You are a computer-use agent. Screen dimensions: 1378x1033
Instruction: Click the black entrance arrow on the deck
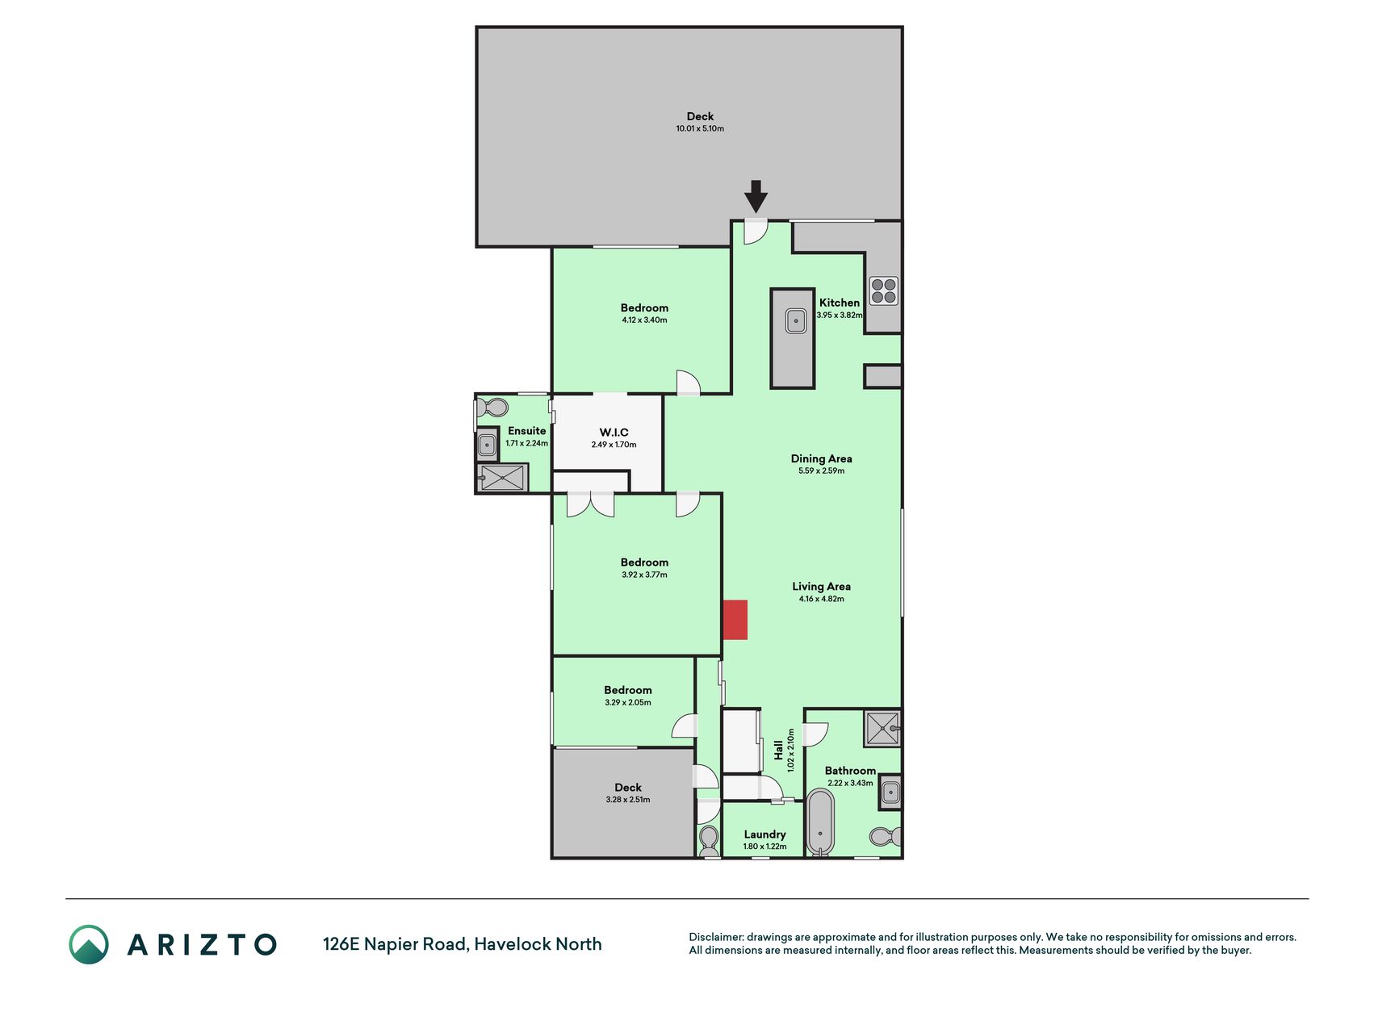(x=755, y=196)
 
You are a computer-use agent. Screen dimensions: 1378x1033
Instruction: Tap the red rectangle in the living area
(x=735, y=620)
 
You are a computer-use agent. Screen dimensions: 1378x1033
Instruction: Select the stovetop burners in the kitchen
(x=884, y=291)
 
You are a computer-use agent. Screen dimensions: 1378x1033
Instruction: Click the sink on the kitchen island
(x=796, y=320)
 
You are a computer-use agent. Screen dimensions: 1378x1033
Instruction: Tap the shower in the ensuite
(x=502, y=477)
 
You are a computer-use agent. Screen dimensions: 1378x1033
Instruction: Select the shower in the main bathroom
(x=882, y=729)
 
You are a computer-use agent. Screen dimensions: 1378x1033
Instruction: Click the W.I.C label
(x=614, y=433)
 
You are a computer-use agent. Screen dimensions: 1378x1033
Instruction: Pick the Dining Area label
(x=821, y=458)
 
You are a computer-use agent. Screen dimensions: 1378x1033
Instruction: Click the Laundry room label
(x=764, y=834)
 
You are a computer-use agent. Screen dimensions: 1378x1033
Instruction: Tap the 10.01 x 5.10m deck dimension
(x=700, y=128)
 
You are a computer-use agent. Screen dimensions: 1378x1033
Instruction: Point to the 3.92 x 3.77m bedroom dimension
(x=644, y=575)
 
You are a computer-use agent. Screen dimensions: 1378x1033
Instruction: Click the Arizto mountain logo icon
(x=89, y=944)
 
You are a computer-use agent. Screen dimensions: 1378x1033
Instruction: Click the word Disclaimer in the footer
(x=715, y=937)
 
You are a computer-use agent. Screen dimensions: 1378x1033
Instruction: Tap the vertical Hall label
(x=778, y=751)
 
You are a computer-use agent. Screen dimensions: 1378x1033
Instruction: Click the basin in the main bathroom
(x=890, y=792)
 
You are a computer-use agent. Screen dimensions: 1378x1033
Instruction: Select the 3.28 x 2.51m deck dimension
(x=627, y=800)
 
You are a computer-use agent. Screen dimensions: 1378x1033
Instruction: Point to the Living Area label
(x=821, y=587)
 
